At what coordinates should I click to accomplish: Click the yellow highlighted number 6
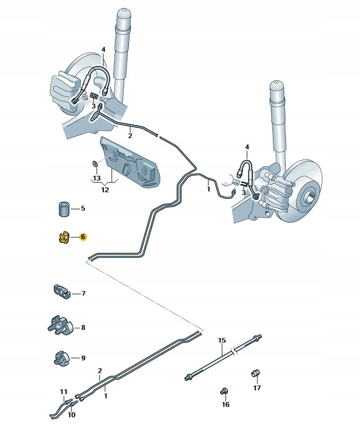[x=83, y=236]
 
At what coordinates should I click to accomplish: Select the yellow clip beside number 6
[x=63, y=237]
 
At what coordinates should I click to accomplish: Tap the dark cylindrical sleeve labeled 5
[x=64, y=208]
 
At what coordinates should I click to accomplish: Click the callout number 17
[x=257, y=387]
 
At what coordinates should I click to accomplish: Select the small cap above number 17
[x=256, y=373]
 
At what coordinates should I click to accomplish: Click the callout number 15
[x=222, y=340]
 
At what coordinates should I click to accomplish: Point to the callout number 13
[x=97, y=178]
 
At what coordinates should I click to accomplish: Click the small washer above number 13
[x=95, y=163]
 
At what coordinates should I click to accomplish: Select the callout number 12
[x=104, y=190]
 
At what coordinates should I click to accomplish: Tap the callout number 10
[x=71, y=415]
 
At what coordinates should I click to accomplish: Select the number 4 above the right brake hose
[x=247, y=147]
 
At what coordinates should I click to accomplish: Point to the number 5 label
[x=83, y=208]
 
